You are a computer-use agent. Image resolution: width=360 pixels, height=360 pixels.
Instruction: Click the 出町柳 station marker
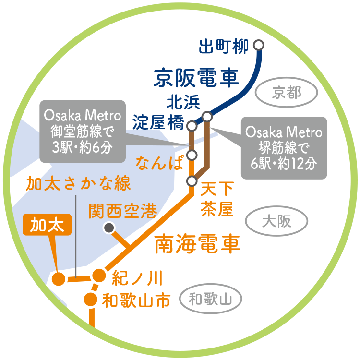coord(259,45)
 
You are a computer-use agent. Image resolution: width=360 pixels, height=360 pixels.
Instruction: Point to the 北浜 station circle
coord(207,116)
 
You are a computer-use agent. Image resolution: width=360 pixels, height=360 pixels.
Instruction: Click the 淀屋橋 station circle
coord(192,126)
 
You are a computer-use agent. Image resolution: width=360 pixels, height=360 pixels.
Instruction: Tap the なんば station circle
coord(192,155)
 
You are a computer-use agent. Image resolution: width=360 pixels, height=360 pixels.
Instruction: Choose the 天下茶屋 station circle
coord(192,181)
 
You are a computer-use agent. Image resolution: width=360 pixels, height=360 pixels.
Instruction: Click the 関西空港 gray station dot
coord(109,228)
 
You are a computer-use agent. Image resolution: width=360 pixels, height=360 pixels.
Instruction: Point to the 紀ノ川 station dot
coord(98,276)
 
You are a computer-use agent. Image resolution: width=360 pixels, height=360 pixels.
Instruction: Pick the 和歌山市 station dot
coord(91,300)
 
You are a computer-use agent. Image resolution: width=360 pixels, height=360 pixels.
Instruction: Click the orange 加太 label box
coord(47,224)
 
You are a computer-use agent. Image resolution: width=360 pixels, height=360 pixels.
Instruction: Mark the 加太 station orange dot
coord(59,279)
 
